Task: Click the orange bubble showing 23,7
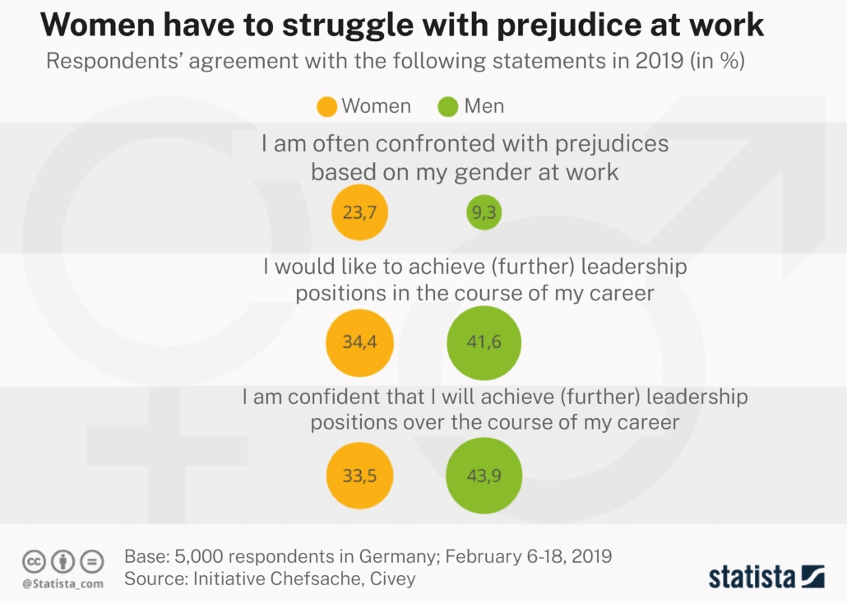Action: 359,213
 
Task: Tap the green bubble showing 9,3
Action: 484,213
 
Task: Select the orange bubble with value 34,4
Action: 359,342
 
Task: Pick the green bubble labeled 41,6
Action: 484,342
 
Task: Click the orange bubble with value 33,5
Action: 359,476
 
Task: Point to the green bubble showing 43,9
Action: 484,476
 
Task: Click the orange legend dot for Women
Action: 326,106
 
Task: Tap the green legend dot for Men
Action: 448,106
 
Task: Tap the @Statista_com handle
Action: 62,583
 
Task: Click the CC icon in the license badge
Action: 34,562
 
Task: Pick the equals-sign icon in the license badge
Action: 92,562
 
